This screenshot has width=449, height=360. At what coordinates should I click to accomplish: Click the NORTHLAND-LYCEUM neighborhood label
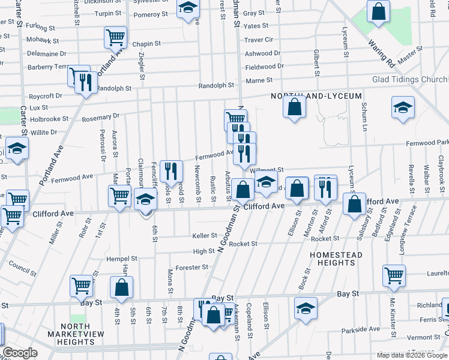click(316, 96)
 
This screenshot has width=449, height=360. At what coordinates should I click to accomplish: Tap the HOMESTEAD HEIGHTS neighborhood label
click(336, 259)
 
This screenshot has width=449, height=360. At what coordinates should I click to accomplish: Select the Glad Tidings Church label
click(410, 80)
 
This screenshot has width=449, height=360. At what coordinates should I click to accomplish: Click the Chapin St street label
click(146, 44)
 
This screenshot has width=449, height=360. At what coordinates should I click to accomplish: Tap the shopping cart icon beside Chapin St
click(115, 37)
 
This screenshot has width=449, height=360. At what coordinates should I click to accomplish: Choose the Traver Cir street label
click(259, 40)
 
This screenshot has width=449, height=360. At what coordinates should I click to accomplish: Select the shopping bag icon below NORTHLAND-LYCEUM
click(295, 107)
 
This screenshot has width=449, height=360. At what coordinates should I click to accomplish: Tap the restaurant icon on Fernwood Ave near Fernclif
click(172, 172)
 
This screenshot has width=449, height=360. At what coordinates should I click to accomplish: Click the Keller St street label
click(203, 236)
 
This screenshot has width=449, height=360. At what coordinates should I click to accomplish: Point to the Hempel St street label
click(122, 259)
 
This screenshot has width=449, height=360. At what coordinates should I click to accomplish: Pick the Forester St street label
click(191, 267)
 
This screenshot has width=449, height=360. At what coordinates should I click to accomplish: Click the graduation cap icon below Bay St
click(306, 308)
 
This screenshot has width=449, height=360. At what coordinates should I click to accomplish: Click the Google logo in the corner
click(20, 353)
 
